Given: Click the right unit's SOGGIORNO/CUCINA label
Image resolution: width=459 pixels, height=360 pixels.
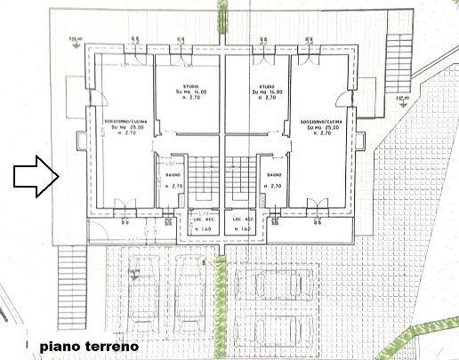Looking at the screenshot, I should [x=319, y=120].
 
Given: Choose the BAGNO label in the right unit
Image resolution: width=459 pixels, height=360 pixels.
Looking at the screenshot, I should [x=274, y=179].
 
